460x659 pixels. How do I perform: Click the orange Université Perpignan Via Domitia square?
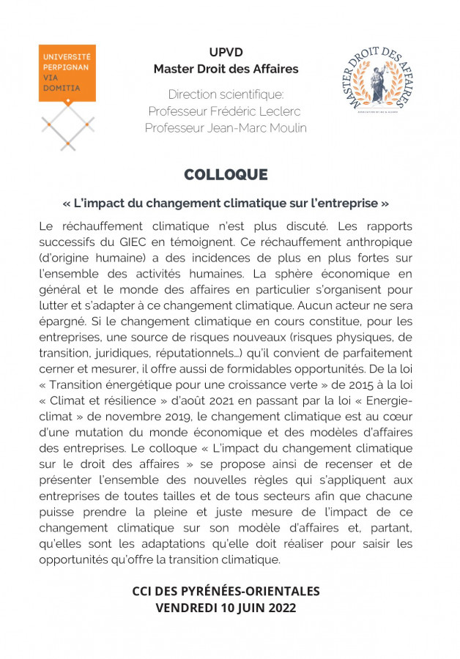(67, 72)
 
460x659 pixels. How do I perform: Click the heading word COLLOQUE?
(226, 175)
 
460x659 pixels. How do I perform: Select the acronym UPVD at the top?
(226, 53)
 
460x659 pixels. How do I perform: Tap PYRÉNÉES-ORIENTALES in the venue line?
(247, 591)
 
